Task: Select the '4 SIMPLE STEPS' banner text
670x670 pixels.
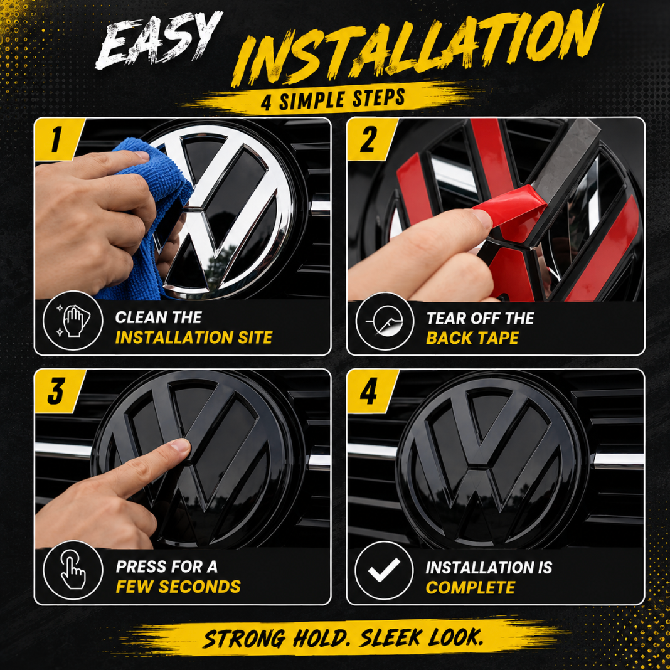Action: click(x=333, y=100)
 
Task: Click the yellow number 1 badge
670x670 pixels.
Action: click(x=59, y=139)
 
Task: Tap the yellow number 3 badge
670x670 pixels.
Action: click(x=59, y=391)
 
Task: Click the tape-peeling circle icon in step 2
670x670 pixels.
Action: click(x=385, y=321)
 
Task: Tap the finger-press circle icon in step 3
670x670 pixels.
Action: click(x=73, y=570)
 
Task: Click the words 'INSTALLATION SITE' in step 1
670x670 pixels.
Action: click(x=194, y=338)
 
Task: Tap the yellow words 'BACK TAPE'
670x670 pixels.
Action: click(x=472, y=338)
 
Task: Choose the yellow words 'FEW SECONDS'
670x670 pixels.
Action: click(x=178, y=587)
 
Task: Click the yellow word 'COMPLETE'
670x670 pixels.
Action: click(x=471, y=588)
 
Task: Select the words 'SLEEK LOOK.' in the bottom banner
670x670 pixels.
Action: click(x=422, y=637)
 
